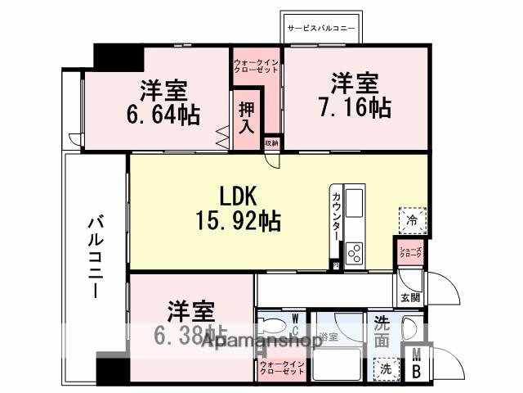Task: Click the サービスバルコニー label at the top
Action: click(320, 27)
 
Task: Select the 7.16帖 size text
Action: click(354, 106)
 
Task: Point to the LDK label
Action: click(237, 195)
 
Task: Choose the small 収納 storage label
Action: click(271, 143)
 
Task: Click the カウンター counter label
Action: click(337, 215)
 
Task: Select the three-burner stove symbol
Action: click(355, 254)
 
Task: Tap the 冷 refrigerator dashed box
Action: click(412, 220)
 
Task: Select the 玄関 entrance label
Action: click(409, 297)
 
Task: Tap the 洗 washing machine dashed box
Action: click(385, 369)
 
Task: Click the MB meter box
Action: click(417, 364)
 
